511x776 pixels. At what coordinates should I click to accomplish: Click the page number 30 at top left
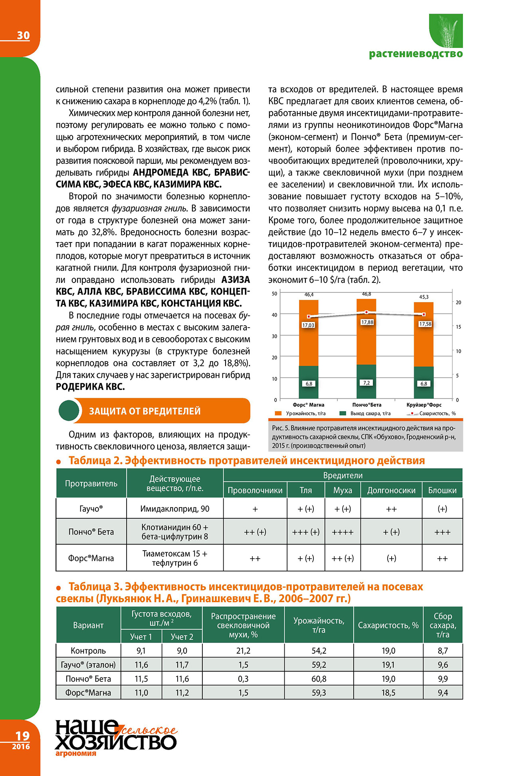[23, 36]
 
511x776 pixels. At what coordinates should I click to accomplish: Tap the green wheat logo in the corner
[446, 30]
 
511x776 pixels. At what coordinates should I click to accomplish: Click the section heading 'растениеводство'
[416, 54]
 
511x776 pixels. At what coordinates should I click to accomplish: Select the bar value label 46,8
[366, 294]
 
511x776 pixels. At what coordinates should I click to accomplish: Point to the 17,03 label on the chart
[308, 325]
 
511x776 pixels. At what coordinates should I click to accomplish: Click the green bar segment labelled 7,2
[366, 382]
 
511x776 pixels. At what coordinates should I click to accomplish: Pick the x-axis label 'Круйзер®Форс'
[424, 405]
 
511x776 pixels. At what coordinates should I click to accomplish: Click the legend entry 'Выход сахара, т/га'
[370, 414]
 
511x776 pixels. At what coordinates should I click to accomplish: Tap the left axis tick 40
[274, 315]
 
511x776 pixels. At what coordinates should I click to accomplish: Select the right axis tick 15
[458, 327]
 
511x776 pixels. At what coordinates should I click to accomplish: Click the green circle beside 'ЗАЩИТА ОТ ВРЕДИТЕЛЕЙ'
[69, 411]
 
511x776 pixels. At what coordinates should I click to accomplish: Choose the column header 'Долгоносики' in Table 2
[391, 491]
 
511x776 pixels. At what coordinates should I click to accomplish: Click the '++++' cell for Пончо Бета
[343, 532]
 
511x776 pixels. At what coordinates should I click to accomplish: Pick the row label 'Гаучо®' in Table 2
[91, 509]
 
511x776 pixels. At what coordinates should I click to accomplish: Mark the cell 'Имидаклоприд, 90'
[175, 509]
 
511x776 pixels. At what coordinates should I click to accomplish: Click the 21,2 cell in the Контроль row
[243, 651]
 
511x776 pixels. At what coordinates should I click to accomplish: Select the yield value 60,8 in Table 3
[319, 679]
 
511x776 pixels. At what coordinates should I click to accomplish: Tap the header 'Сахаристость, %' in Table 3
[388, 625]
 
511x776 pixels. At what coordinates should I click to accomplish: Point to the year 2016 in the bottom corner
[21, 746]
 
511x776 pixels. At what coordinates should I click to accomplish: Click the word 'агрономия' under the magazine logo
[76, 754]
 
